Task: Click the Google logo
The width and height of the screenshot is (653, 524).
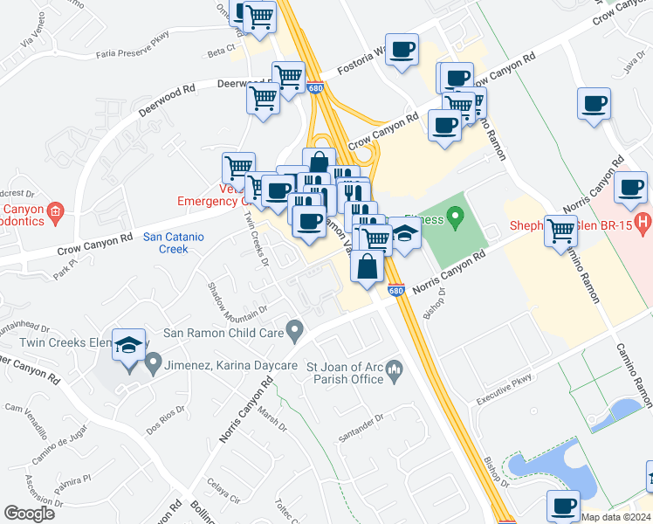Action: click(x=29, y=514)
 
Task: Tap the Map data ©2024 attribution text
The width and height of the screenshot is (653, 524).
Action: click(x=615, y=517)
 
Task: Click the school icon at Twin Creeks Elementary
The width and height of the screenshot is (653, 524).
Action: click(x=128, y=347)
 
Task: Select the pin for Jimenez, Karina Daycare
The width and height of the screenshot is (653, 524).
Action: click(x=154, y=361)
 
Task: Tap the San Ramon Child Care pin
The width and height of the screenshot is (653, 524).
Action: click(x=295, y=332)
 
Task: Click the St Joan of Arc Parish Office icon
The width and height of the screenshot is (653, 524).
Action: click(x=394, y=372)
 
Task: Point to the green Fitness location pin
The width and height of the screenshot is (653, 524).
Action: click(x=454, y=216)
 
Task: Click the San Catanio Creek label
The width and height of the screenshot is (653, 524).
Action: click(x=166, y=242)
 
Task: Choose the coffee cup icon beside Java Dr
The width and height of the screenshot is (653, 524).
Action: click(x=594, y=104)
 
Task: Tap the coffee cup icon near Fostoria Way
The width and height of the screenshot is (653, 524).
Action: click(x=402, y=50)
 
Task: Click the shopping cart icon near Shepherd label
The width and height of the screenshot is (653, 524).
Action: click(x=560, y=231)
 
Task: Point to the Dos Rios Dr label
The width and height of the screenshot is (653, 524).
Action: click(x=163, y=424)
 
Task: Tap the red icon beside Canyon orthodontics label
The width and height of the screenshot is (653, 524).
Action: click(x=55, y=210)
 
